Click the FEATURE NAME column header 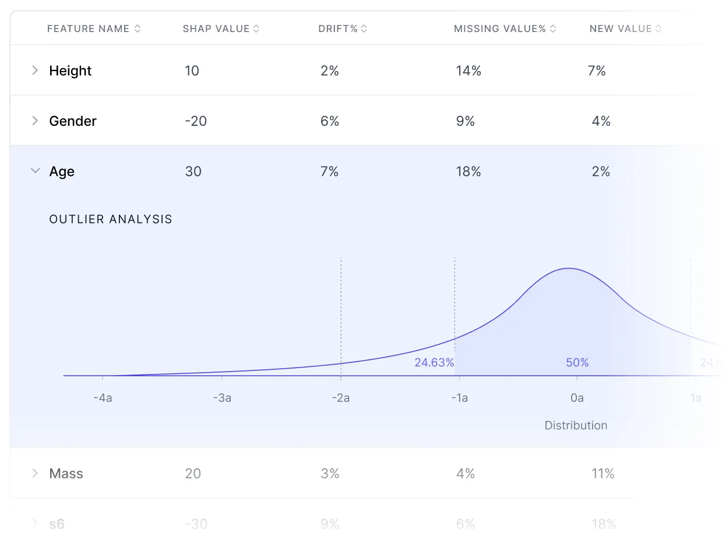point(88,29)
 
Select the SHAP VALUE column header point(216,29)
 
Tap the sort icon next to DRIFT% point(364,29)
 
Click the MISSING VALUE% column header point(500,29)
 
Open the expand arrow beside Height point(35,70)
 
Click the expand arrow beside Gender point(35,121)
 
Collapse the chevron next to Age point(35,171)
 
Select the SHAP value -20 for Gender point(196,121)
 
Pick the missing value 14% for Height point(468,71)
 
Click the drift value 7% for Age point(330,171)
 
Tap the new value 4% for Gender point(601,121)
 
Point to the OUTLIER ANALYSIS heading point(111,220)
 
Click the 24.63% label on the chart point(434,362)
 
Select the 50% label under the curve point(577,362)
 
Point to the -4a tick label point(103,398)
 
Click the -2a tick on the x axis point(341,398)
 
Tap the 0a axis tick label point(577,398)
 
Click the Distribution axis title point(576,425)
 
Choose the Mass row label point(66,474)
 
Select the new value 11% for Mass point(603,474)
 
